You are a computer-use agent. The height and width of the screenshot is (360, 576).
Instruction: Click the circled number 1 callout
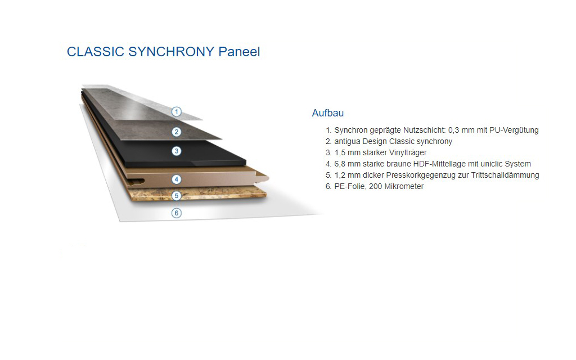177,112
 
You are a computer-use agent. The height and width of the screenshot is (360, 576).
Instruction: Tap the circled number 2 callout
177,132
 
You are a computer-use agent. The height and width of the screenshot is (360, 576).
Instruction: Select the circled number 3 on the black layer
177,151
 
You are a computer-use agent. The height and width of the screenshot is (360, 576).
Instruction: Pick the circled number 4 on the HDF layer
177,179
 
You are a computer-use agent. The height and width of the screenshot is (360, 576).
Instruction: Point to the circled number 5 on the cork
177,196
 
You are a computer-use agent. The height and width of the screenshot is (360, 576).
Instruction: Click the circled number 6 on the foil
177,213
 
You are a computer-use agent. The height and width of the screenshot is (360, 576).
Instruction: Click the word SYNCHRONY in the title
171,52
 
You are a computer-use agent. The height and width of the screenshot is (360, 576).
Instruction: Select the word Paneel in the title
239,52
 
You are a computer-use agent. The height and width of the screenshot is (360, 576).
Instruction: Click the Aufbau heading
328,112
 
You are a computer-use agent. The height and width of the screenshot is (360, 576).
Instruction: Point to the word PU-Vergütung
514,130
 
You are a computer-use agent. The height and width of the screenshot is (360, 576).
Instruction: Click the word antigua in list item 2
347,141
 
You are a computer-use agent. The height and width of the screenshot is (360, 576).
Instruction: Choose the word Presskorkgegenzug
421,175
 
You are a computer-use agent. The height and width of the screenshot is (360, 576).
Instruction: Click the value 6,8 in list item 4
340,164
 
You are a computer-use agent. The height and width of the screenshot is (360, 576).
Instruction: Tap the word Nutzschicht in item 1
424,130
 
